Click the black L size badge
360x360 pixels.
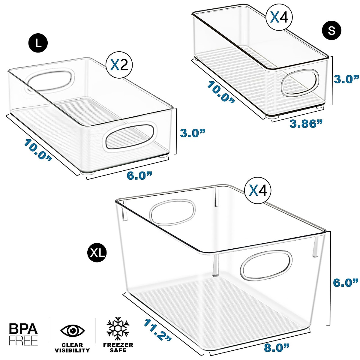[x=38, y=43]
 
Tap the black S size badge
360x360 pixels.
[x=331, y=30]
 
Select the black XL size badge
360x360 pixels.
[x=97, y=253]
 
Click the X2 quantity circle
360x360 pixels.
[x=119, y=65]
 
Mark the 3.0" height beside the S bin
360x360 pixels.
[x=346, y=79]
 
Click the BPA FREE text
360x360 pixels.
[x=23, y=334]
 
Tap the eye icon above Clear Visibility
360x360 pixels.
[x=72, y=331]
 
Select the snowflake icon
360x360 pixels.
[x=118, y=328]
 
